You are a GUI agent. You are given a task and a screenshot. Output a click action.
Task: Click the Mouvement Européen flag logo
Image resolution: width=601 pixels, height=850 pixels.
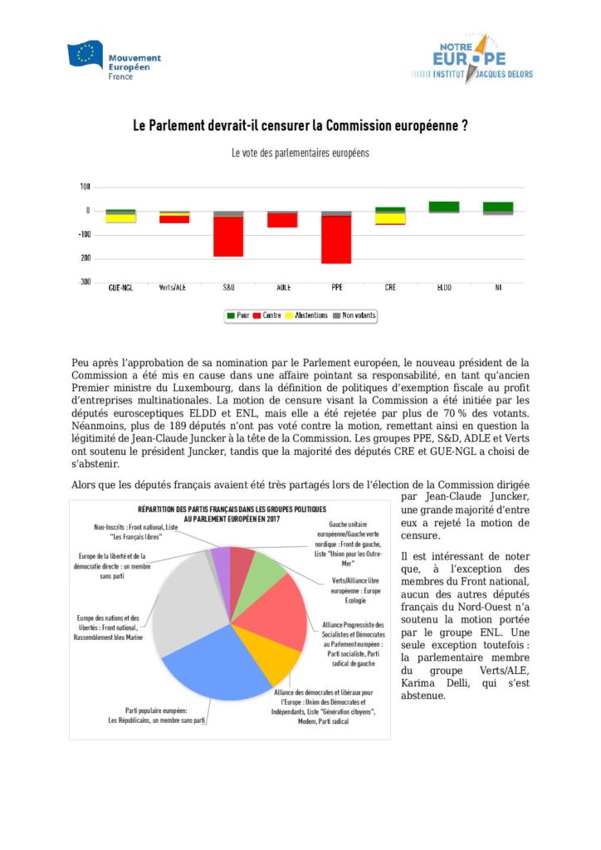click(86, 55)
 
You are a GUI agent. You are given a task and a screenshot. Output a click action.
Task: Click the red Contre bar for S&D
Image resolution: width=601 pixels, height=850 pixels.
click(227, 237)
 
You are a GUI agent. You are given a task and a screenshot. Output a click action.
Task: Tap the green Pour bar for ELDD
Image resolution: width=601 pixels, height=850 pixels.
click(444, 206)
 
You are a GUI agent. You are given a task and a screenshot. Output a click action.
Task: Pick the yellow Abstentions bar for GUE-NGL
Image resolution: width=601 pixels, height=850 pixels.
click(120, 218)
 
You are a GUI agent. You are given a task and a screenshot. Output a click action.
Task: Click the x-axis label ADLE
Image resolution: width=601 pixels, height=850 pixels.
click(282, 288)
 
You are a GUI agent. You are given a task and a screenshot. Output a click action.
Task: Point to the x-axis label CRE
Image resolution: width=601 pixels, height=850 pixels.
click(390, 288)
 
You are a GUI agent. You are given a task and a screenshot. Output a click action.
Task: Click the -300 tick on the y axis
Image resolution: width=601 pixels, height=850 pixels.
click(85, 282)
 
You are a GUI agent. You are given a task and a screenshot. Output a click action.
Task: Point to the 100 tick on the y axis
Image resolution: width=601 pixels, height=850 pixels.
click(86, 188)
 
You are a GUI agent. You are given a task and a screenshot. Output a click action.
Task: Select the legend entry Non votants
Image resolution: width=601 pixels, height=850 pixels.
click(356, 315)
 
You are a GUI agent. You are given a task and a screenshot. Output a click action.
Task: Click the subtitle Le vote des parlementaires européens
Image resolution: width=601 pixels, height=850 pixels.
click(300, 154)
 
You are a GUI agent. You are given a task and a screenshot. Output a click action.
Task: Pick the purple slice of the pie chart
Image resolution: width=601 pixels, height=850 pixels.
click(221, 561)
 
